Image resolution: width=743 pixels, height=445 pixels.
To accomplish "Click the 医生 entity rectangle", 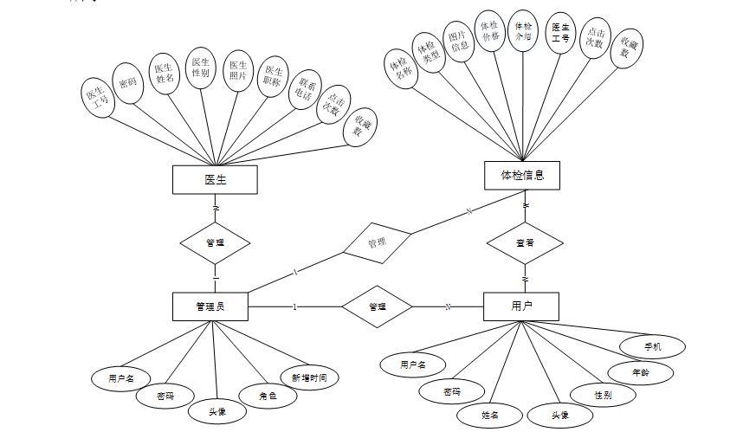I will tap(215, 179).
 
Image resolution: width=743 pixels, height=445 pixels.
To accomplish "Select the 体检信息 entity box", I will tap(522, 175).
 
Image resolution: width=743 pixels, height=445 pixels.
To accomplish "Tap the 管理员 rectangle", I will tap(210, 306).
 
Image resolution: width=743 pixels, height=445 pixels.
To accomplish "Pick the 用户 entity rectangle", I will tap(520, 306).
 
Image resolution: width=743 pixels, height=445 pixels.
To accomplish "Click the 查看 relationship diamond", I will tap(525, 243).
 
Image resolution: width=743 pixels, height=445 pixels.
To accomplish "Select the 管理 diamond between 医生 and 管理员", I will tap(215, 242).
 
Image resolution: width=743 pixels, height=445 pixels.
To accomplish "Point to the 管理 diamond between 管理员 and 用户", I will tap(377, 306).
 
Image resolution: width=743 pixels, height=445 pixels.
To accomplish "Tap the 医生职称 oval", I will tap(273, 81).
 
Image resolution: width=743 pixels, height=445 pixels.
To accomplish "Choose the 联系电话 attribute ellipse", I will tap(304, 92).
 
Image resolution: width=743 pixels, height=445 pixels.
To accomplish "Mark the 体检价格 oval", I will tap(490, 31).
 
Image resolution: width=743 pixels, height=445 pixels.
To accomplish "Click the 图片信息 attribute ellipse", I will tap(459, 40).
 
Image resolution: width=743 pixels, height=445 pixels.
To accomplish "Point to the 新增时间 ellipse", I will tap(308, 377).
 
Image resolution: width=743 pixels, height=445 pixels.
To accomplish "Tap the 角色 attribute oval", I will tap(267, 396).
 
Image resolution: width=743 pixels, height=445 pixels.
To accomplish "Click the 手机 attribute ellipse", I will tap(652, 346).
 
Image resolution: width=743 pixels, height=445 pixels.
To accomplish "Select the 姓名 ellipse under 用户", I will tap(490, 415).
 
